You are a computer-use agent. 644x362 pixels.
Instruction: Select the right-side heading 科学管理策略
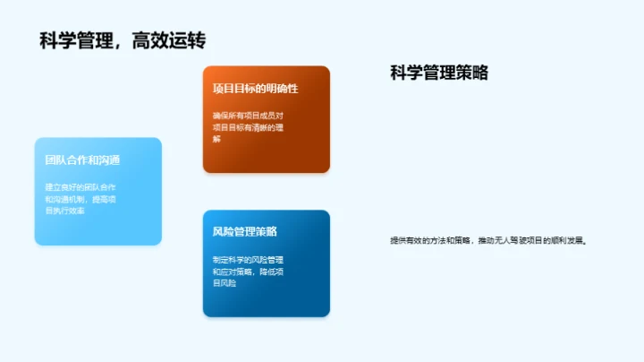coord(439,73)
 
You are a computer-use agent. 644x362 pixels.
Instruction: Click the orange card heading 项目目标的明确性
coord(255,89)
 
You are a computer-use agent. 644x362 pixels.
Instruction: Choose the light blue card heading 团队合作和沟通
coord(82,160)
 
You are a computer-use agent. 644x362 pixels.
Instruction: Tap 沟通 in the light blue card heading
coord(110,160)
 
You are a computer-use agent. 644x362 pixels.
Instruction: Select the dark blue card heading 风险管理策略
coord(244,231)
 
